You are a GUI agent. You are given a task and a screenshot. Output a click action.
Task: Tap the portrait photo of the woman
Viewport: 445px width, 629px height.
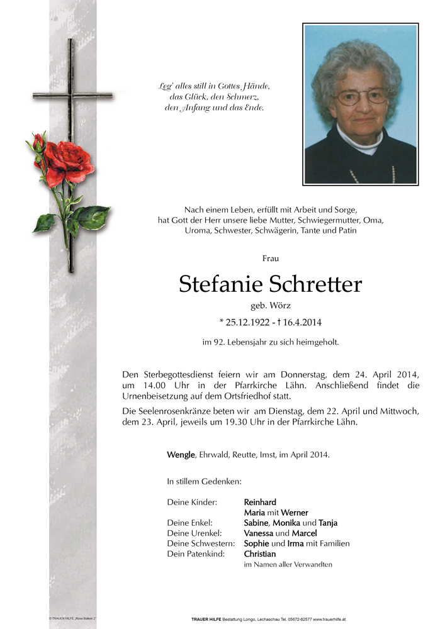click(x=361, y=104)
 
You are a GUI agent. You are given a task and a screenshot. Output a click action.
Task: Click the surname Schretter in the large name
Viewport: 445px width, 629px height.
click(x=315, y=284)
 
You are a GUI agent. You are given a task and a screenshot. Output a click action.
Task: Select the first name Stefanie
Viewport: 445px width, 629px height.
click(x=220, y=284)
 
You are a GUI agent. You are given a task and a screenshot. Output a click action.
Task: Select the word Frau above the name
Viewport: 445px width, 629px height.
click(x=271, y=258)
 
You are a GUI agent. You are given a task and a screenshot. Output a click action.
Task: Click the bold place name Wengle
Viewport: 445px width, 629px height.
click(x=181, y=455)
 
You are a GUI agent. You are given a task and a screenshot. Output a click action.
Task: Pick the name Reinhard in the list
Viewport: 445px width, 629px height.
click(x=260, y=502)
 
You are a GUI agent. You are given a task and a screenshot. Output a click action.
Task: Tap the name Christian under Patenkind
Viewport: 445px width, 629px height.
click(x=260, y=554)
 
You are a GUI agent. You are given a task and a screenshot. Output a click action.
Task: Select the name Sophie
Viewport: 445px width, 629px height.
click(x=256, y=543)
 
